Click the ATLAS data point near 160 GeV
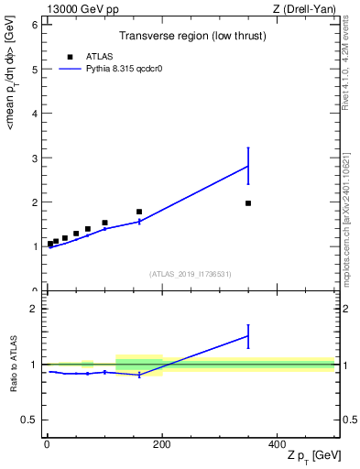click(x=139, y=212)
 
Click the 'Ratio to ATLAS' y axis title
click(x=14, y=365)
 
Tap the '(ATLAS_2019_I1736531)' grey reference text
click(x=191, y=274)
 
